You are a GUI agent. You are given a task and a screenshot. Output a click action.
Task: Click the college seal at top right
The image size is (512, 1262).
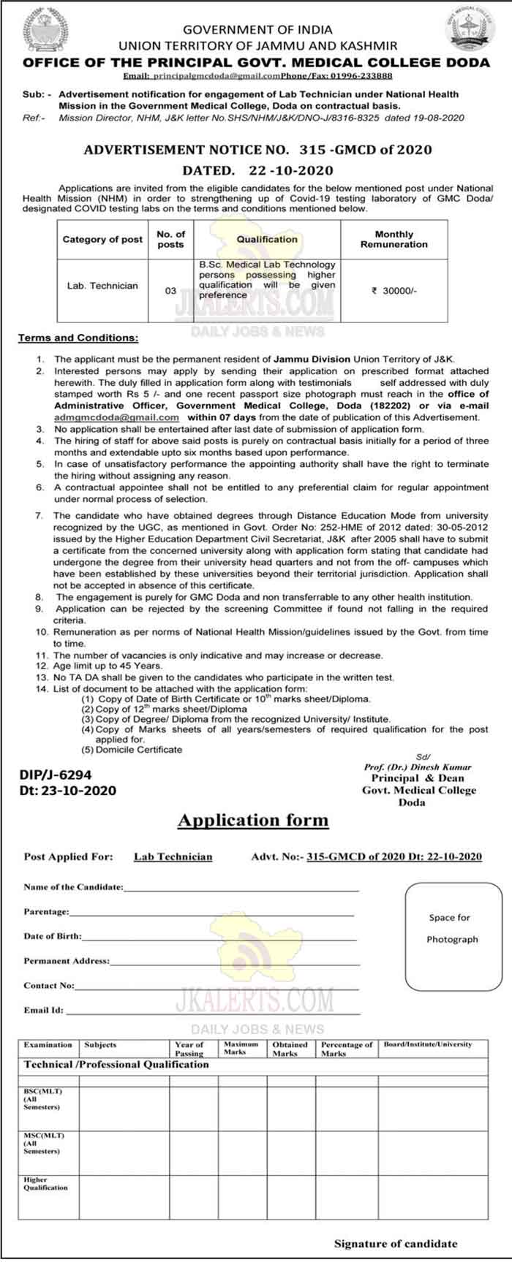(469, 27)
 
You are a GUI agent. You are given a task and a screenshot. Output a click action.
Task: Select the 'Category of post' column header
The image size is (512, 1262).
(102, 240)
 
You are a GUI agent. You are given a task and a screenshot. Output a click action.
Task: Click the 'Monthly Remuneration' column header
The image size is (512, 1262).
(394, 240)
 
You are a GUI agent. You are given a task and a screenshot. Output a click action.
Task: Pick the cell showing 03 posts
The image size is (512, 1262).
(170, 290)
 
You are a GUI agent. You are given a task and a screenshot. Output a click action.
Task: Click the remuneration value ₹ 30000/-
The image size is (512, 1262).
(394, 290)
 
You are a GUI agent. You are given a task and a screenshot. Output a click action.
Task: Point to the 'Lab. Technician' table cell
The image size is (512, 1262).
(102, 286)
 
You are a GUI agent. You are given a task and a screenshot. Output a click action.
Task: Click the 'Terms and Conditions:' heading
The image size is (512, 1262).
(78, 338)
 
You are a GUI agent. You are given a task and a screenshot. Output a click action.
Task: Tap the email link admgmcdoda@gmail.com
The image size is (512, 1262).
(116, 417)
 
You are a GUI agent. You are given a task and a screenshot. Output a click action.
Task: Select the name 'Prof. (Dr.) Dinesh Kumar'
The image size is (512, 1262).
(418, 767)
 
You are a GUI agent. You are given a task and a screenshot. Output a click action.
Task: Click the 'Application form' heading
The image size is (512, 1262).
(253, 820)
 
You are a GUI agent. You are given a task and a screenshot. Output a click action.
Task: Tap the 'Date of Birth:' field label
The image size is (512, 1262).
(53, 936)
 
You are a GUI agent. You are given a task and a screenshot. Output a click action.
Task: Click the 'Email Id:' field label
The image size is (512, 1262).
(43, 1011)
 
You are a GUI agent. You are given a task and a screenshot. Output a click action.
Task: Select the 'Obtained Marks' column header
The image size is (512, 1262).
(290, 1049)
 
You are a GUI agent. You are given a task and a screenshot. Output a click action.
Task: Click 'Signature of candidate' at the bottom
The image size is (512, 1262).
(395, 1243)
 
